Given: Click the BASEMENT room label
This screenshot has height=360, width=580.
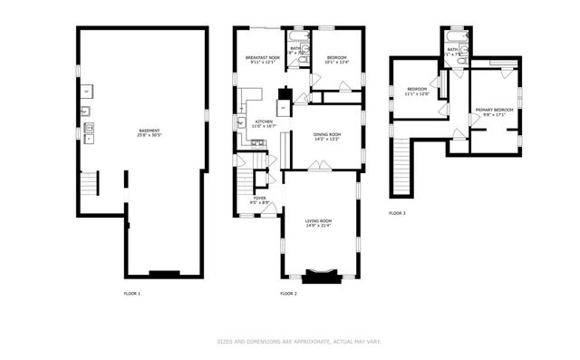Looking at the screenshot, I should [150, 131].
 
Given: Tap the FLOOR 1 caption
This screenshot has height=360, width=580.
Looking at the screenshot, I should [132, 294].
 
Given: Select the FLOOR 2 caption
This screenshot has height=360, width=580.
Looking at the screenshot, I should [289, 294].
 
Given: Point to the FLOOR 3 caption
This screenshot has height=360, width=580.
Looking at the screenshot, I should [397, 213].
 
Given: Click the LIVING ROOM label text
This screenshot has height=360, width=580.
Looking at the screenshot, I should [318, 221].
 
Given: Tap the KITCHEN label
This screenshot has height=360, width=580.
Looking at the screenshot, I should [264, 122].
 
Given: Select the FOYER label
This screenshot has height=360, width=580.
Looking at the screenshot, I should [259, 199].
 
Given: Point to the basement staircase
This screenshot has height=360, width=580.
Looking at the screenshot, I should [89, 186].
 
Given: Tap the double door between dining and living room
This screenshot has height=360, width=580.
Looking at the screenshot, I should [319, 166].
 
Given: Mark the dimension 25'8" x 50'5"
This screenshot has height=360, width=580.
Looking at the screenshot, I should [150, 136].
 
